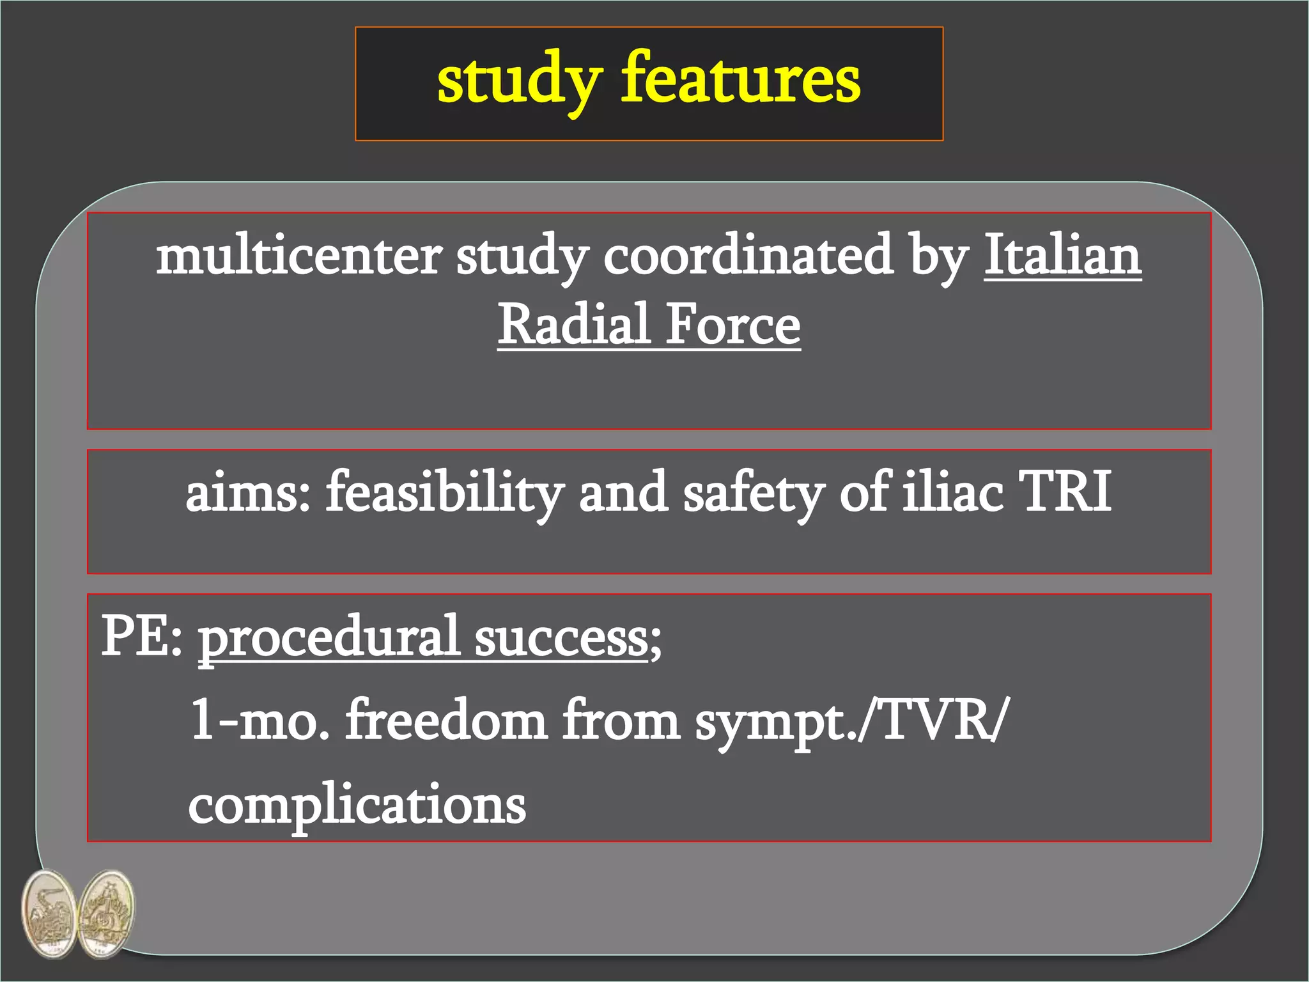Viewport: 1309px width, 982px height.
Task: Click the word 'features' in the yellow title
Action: click(741, 79)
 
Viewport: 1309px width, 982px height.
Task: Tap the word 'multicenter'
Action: click(298, 256)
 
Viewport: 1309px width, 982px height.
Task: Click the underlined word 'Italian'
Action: click(1062, 255)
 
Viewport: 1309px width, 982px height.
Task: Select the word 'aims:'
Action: click(248, 493)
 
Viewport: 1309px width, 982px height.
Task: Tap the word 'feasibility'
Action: click(445, 493)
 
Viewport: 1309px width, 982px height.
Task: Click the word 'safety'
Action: click(754, 493)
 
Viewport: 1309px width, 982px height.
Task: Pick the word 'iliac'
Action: click(952, 492)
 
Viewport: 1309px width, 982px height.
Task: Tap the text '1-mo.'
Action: click(259, 720)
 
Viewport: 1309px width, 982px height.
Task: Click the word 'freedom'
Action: click(446, 720)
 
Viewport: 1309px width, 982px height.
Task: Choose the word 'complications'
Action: click(357, 804)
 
